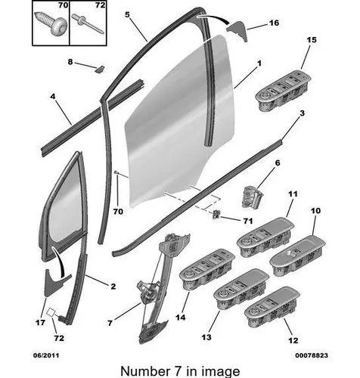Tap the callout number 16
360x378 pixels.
[274, 23]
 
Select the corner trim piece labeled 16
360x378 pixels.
[237, 30]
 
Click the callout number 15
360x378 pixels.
[312, 40]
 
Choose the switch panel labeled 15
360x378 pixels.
[283, 91]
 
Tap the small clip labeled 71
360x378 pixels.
[216, 215]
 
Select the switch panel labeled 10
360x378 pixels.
[297, 256]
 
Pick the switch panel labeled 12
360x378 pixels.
[272, 306]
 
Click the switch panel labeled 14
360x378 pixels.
[207, 269]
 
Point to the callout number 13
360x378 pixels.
[206, 337]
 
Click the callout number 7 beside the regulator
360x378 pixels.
[110, 323]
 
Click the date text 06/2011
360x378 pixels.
[46, 355]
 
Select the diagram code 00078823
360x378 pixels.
[312, 355]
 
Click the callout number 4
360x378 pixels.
[53, 96]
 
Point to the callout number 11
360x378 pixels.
[293, 194]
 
